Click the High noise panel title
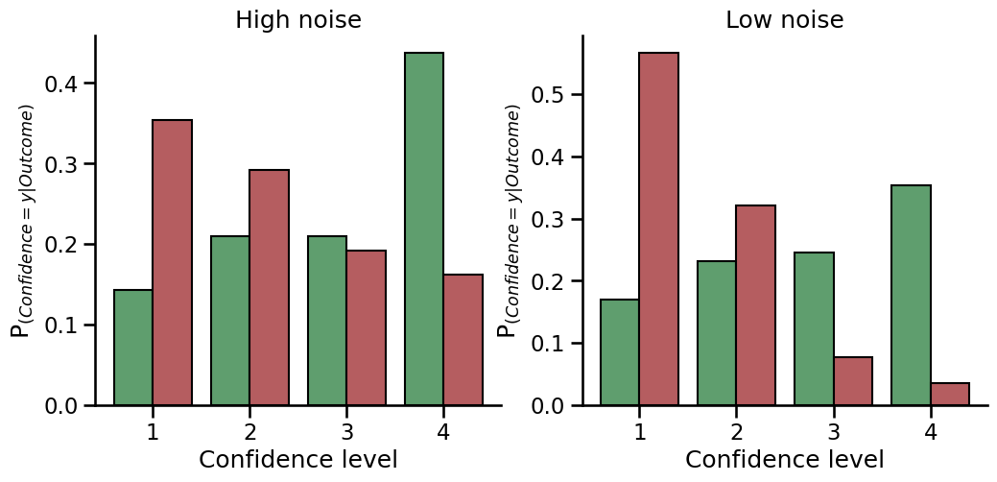point(298,20)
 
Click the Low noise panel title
point(784,20)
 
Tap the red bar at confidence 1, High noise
point(173,262)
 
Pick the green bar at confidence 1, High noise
point(133,348)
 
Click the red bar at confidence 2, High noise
point(270,287)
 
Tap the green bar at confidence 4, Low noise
point(911,295)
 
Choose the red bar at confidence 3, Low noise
point(853,381)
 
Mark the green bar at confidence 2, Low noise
point(717,333)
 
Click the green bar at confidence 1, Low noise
point(620,352)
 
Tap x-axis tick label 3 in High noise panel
point(346,432)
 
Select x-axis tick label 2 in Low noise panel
point(736,432)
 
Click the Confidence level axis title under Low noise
point(784,460)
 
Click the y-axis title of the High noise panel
point(21,221)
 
